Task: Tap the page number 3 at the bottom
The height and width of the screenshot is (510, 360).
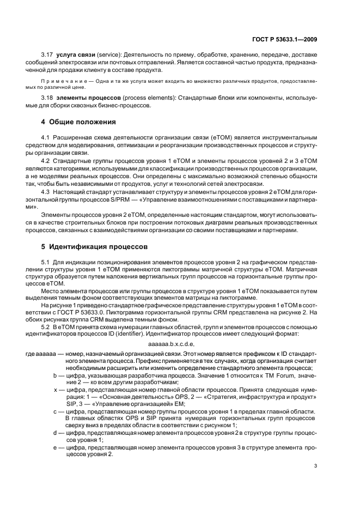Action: pos(316,466)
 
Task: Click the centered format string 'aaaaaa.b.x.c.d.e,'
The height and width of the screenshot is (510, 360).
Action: pos(172,344)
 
